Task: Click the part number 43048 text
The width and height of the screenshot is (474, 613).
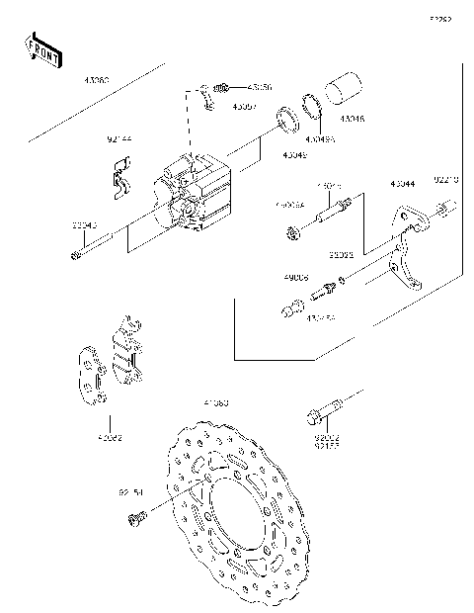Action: (352, 119)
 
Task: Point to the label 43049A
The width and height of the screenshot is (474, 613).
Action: (320, 139)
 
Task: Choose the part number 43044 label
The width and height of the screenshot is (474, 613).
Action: (402, 184)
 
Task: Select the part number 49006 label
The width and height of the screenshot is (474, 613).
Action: (295, 278)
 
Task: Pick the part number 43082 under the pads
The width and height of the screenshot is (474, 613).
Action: (110, 436)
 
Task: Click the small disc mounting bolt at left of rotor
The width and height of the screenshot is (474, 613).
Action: (139, 514)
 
